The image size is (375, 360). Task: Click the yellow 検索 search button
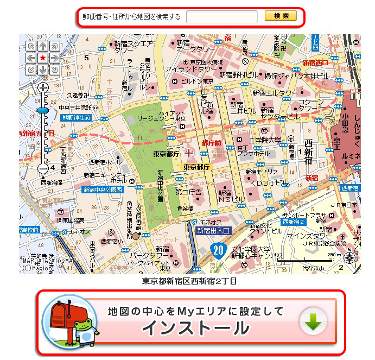coord(281,16)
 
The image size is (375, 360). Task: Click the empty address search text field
coord(222,17)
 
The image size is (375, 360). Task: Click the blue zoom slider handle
coord(43,110)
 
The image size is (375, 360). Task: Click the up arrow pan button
coord(42,46)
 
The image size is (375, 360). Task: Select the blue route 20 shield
coord(218,250)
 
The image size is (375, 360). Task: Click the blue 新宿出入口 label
coord(213,231)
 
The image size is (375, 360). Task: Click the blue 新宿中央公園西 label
coord(103,190)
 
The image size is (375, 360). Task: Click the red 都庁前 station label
coord(211,143)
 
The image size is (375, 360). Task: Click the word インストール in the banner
coord(196,328)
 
